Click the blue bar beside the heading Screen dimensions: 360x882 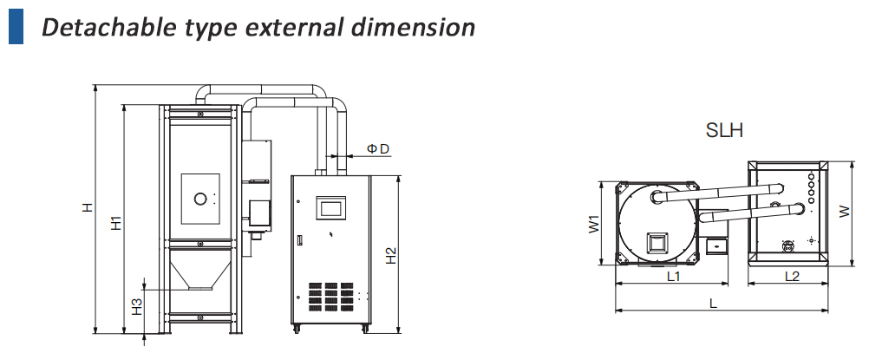[16, 26]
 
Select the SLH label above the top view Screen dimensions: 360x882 [724, 131]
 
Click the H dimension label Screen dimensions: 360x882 [87, 208]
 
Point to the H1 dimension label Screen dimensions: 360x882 [116, 222]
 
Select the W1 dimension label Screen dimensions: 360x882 [594, 224]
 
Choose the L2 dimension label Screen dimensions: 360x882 [792, 277]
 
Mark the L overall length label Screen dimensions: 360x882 [712, 304]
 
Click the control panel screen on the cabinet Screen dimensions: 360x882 [332, 206]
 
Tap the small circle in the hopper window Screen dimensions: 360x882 [200, 200]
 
